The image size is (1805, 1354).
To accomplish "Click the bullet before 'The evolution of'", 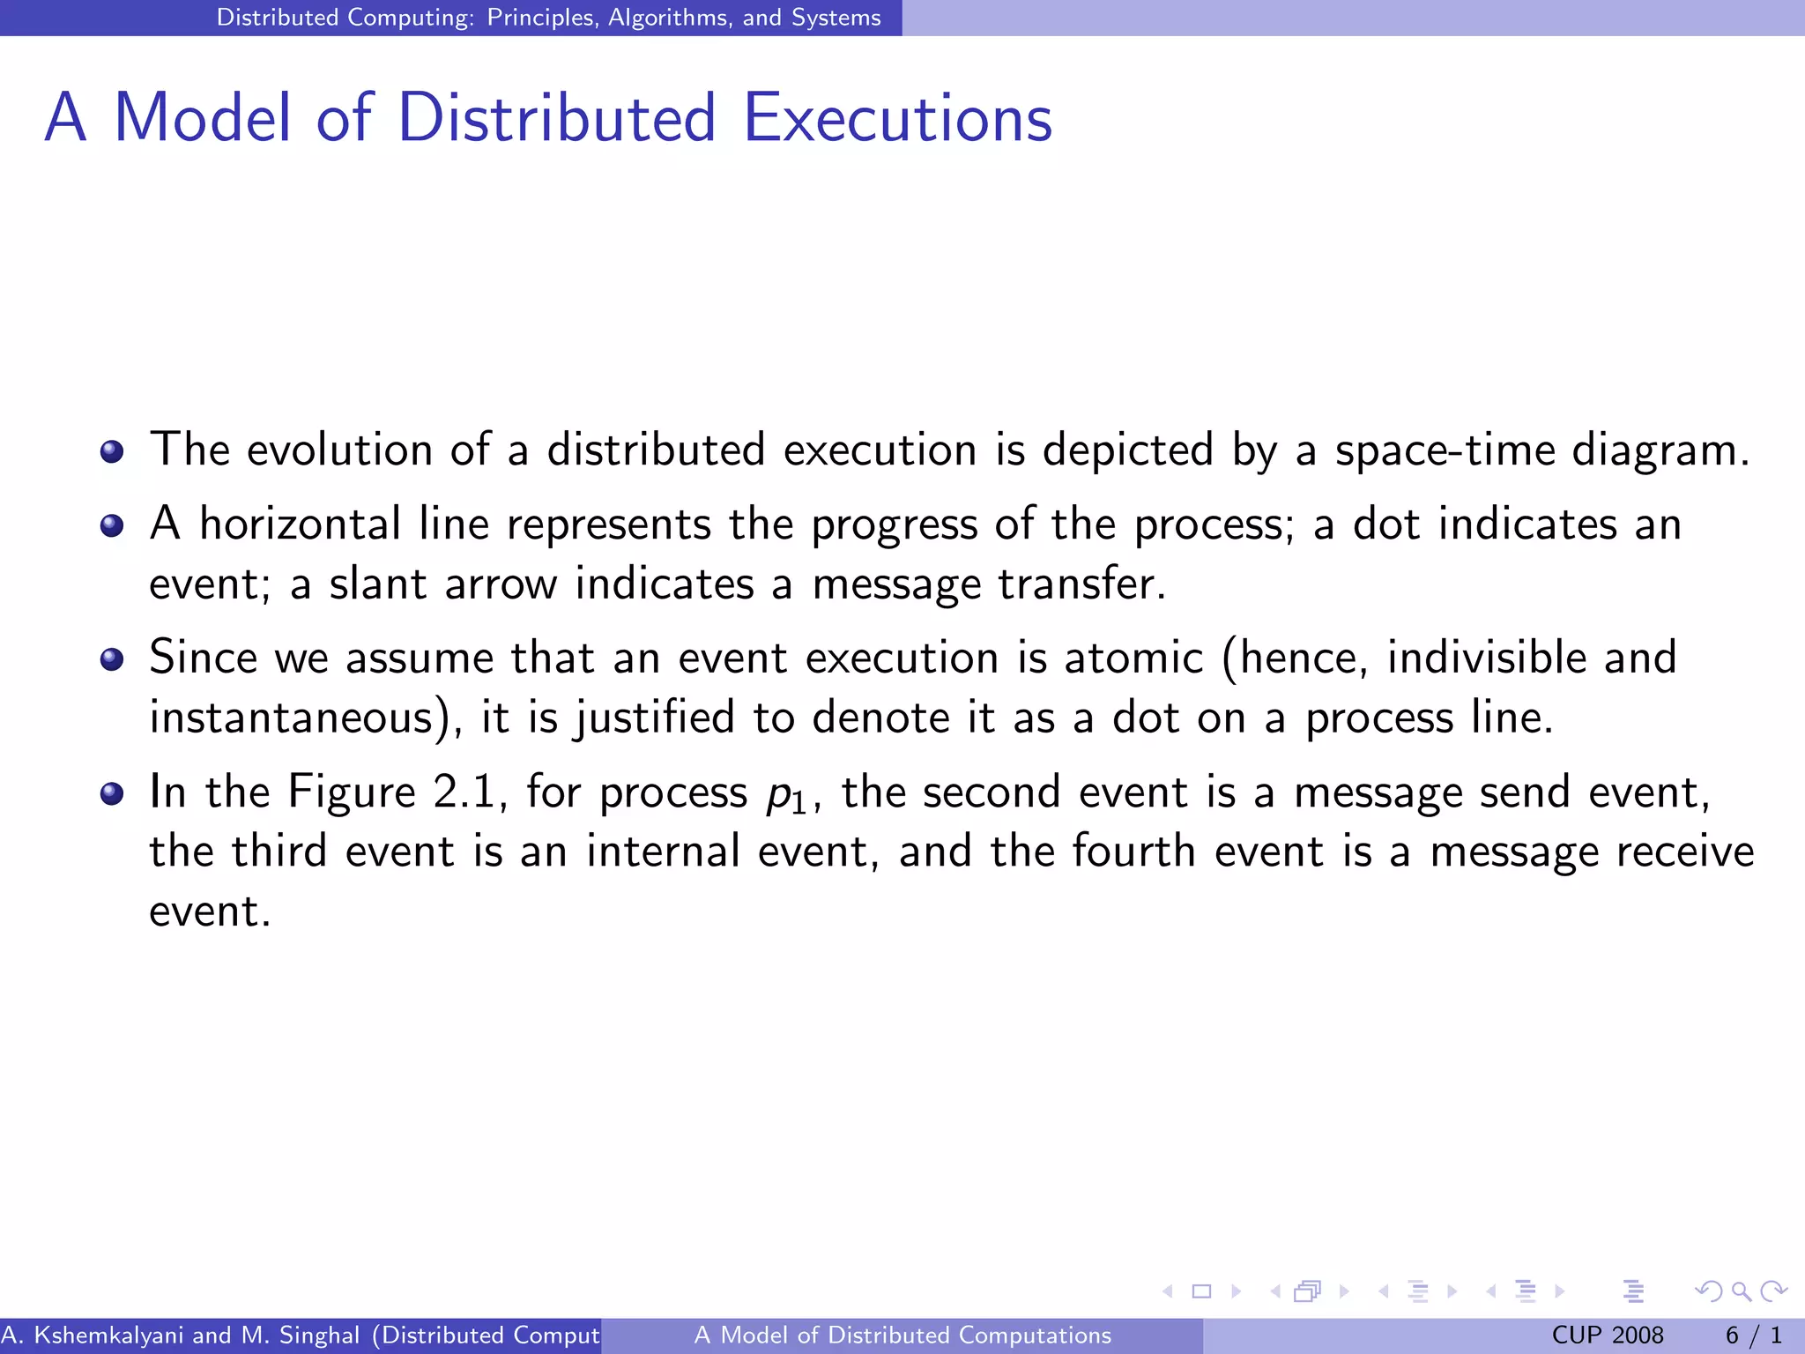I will [112, 452].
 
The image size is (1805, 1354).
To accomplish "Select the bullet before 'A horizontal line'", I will [112, 526].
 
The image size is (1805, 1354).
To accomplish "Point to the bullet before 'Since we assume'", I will [112, 659].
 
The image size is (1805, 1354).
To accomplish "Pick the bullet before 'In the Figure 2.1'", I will [112, 793].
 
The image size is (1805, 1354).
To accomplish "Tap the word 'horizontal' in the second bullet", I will [300, 524].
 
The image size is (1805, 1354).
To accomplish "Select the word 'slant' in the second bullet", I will [377, 584].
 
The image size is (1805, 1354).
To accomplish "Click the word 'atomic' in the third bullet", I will [1133, 658].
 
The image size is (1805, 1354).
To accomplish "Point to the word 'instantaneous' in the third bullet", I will [291, 718].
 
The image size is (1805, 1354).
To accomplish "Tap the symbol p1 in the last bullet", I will [785, 795].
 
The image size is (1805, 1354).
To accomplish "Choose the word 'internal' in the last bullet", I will [663, 852].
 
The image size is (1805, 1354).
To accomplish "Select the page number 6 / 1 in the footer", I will [1753, 1335].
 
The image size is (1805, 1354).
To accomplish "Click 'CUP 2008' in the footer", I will [1607, 1335].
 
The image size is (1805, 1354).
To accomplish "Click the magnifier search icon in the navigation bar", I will [1740, 1291].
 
